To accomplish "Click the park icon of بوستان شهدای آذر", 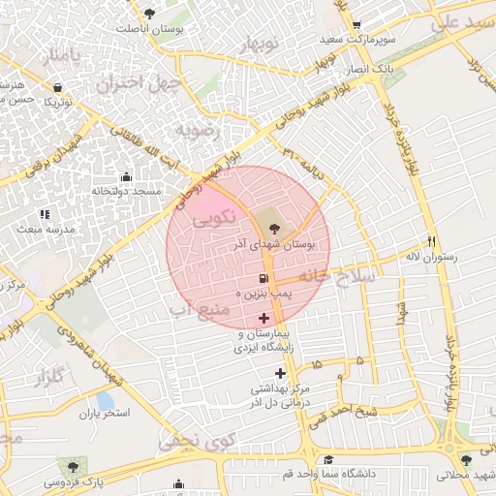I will coord(274,229).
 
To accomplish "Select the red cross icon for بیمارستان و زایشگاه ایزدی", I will coord(264,319).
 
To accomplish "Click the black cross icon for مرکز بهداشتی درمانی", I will coord(281,373).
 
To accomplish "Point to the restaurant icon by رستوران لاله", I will coord(432,242).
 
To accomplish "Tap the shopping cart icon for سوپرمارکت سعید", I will coord(356,25).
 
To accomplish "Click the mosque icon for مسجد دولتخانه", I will coord(126,176).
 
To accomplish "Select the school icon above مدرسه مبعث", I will coord(44,214).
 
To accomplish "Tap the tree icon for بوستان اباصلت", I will coord(148,13).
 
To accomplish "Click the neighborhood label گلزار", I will coord(53,378).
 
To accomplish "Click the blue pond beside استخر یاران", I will coord(104,399).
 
